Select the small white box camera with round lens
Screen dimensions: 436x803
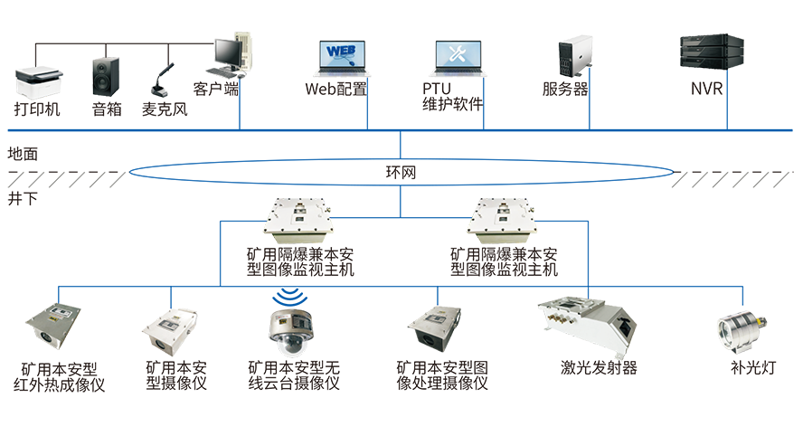click(169, 329)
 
